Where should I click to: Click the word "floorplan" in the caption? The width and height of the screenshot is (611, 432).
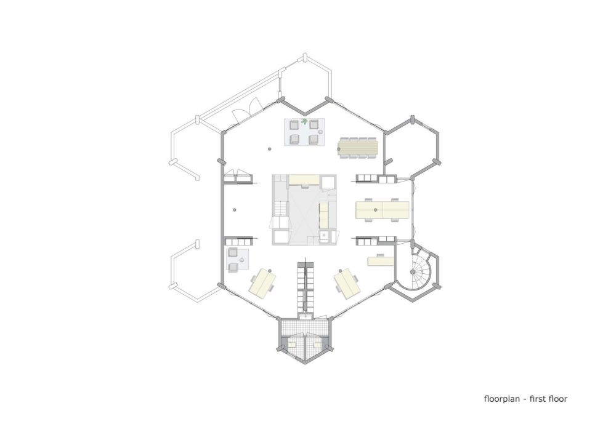tap(503, 399)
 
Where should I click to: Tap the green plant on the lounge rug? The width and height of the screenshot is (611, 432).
tap(304, 123)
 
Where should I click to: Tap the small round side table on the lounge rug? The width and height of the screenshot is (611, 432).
tap(304, 130)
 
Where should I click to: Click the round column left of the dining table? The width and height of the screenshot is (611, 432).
tap(270, 148)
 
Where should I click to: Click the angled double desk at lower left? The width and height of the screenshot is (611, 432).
tap(262, 282)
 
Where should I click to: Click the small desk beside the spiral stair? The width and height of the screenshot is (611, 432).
tap(380, 261)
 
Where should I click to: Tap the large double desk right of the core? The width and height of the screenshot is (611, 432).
tap(382, 210)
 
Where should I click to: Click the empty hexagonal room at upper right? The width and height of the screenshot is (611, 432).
tap(412, 145)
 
